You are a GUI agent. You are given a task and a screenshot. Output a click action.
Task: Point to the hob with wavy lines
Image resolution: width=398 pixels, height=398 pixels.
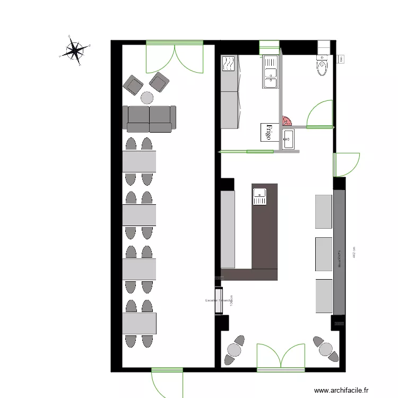point(229,64)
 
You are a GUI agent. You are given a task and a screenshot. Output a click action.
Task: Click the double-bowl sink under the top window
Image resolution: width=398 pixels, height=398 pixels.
point(270,71)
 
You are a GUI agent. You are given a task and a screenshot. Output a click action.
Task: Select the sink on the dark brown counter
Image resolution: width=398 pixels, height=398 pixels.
point(259,196)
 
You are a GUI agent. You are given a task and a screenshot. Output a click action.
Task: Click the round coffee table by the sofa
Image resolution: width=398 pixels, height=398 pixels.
point(146,98)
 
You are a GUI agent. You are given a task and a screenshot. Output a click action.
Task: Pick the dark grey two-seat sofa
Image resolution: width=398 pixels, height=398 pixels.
point(150,119)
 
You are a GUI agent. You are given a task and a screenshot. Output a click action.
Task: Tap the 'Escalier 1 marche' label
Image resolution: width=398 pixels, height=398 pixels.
point(218,301)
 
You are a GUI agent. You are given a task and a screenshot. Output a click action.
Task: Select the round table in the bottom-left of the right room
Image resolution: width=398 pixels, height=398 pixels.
point(234,349)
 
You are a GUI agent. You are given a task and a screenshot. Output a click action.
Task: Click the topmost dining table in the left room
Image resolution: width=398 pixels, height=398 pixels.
point(140,161)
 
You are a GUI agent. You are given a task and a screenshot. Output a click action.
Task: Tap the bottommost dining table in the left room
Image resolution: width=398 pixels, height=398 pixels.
point(140,323)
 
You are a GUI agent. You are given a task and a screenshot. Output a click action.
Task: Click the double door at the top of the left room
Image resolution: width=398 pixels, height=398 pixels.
point(175,57)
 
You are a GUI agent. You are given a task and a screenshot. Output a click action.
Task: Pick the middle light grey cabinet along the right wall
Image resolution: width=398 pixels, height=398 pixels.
point(323,254)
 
